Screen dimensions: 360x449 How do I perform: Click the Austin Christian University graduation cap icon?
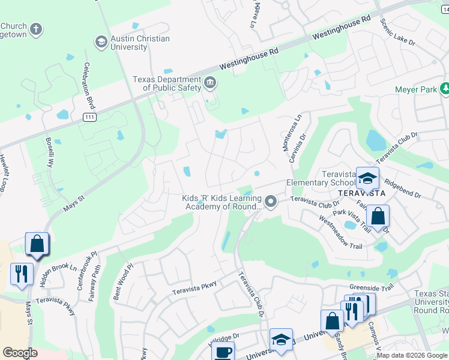[100, 41]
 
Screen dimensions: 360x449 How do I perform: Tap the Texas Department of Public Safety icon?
[209, 83]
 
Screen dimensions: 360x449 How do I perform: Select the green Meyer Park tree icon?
[445, 89]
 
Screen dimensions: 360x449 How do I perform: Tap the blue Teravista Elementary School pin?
[367, 178]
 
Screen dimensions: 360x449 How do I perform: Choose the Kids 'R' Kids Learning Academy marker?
[271, 202]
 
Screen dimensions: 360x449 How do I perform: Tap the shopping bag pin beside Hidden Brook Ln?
[37, 244]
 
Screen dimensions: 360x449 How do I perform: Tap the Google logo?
[20, 353]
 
